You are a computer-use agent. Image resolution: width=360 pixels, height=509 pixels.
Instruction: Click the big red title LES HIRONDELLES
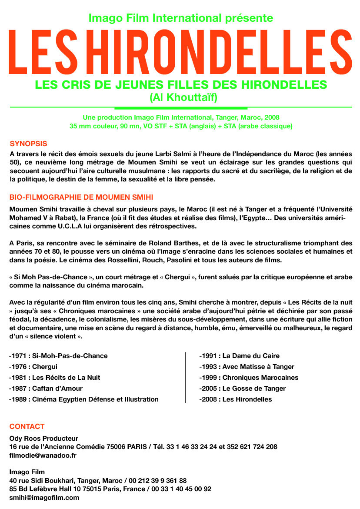coord(180,53)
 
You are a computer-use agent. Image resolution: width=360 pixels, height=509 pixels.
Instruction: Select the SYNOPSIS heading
coord(28,144)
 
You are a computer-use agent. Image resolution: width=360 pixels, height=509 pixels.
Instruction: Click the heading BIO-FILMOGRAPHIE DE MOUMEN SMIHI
coord(81,198)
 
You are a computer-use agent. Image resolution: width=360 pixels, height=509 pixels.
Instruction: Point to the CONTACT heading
coord(27,426)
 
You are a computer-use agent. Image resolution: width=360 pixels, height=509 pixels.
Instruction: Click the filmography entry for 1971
coord(58,356)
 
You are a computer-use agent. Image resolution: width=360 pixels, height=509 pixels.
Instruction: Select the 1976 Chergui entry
coord(33,367)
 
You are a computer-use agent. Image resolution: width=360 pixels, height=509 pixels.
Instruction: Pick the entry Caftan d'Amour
coord(46,388)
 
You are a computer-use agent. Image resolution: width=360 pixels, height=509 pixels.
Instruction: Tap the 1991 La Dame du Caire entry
coord(240,356)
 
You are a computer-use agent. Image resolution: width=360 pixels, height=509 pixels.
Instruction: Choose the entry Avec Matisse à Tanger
coord(247,367)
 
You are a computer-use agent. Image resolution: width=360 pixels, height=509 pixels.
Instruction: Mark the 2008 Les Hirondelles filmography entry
coord(236,399)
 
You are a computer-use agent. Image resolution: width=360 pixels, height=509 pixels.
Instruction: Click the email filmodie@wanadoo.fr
coord(43,455)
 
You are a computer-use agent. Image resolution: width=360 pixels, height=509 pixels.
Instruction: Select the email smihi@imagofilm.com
coord(44,498)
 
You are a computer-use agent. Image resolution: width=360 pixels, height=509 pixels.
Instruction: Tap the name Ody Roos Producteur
coord(44,439)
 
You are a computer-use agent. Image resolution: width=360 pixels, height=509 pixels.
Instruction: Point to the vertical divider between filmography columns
coord(186,378)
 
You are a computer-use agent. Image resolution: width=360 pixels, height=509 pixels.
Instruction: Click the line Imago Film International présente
coord(181,18)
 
